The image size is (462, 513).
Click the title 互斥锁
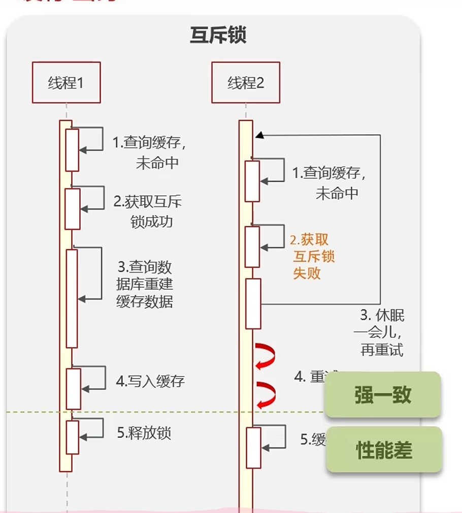pos(218,36)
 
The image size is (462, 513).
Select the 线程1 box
pos(66,83)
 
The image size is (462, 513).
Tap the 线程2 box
pos(246,83)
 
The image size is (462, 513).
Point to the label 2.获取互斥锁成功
pos(147,212)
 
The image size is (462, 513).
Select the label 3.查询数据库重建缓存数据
pos(145,284)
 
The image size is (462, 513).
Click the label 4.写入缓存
pos(150,382)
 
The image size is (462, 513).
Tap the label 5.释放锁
pos(144,433)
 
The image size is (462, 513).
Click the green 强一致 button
pos(383,395)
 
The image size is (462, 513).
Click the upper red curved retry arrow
pos(266,354)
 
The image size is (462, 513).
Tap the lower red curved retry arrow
pos(266,394)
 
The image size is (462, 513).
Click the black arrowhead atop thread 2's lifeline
pos(259,135)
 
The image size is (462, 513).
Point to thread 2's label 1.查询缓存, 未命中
pos(329,183)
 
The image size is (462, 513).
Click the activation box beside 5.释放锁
pos(73,437)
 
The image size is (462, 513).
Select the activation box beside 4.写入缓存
pos(74,388)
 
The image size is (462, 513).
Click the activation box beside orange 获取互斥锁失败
pos(252,247)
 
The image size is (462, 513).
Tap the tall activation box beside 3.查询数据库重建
pos(72,298)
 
